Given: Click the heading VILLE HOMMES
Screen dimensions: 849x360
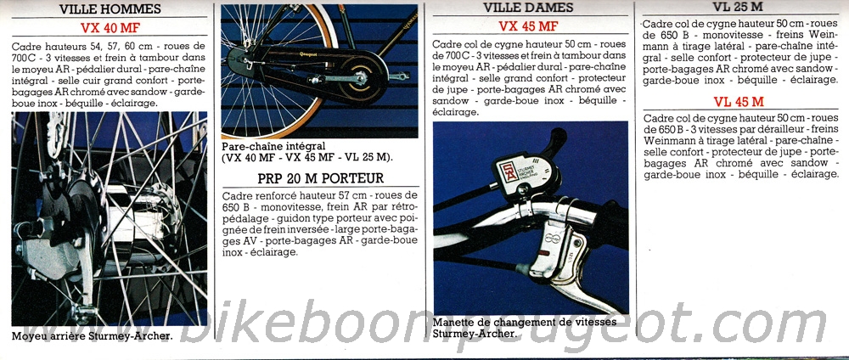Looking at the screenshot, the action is tap(110, 9).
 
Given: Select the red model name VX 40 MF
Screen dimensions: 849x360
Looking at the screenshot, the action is tap(110, 28).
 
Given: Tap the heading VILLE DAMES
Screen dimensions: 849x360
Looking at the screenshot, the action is tap(528, 8).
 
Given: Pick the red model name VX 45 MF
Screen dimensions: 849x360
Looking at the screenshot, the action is tap(528, 26).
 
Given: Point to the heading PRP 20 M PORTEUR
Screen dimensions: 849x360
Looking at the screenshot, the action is tap(321, 178).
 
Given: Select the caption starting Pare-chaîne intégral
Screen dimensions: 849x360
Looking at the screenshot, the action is tap(307, 152).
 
